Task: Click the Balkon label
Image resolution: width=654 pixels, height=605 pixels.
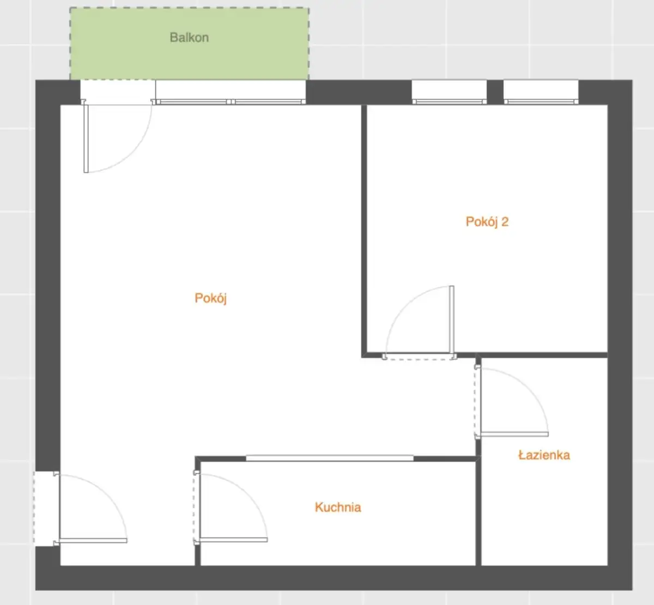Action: tap(189, 38)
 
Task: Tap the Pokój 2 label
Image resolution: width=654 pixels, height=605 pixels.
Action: tap(487, 222)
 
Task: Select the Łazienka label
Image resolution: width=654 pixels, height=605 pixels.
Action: tap(544, 455)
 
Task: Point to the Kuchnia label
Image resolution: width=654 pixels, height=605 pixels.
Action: tap(338, 507)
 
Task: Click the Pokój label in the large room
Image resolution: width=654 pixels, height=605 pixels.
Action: tap(210, 298)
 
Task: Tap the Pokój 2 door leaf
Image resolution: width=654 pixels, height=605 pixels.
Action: tap(452, 321)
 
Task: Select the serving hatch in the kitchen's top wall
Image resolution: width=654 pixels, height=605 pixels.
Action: tap(330, 458)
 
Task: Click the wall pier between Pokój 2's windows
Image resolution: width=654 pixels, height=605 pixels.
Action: tap(495, 92)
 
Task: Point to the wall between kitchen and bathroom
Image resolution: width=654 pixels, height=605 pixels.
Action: tap(479, 511)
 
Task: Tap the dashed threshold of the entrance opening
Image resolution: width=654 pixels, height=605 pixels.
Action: tap(34, 508)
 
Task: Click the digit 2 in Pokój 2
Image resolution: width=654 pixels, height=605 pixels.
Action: tap(505, 222)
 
